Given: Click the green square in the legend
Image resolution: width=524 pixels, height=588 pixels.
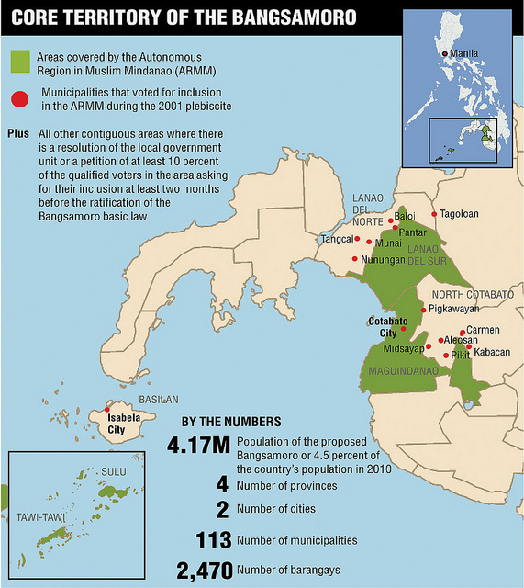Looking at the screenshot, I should pos(21,61).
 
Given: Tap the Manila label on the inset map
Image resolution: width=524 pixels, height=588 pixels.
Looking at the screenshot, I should pos(465,54).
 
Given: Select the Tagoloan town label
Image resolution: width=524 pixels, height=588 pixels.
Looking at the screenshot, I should pos(459,213).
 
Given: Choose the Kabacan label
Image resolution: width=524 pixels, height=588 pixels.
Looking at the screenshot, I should pos(491,352).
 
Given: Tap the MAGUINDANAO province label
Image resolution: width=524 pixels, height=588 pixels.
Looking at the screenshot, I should pos(399,371).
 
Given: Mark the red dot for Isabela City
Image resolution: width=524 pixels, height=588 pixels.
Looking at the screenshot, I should pos(107,410).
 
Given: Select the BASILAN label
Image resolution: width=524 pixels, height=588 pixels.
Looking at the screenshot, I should pos(158,400).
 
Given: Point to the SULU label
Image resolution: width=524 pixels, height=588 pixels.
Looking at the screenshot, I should pos(113,471).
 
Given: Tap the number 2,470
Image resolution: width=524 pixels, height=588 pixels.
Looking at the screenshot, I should pos(203,571).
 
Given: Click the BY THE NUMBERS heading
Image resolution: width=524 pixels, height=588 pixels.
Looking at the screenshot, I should pos(231,422).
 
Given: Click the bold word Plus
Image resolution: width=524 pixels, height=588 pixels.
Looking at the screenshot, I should pos(18,133).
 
